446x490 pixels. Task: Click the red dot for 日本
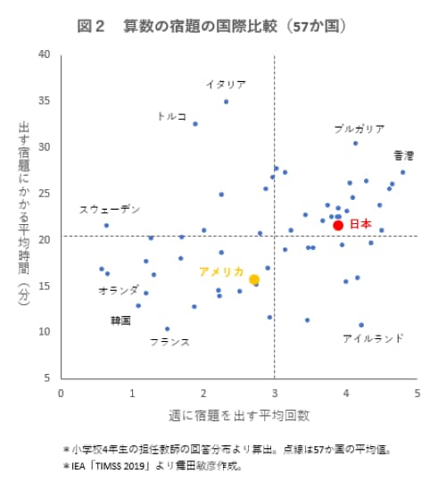(338, 225)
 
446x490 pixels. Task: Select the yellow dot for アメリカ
(254, 279)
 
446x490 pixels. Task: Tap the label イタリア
(225, 85)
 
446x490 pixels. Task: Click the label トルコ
(171, 116)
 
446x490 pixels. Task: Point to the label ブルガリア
(359, 129)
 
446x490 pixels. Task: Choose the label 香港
(404, 155)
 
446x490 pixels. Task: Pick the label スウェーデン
(110, 210)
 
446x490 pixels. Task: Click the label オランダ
(119, 291)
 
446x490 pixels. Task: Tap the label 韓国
(120, 320)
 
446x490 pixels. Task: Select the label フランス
(169, 342)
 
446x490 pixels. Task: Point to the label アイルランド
(373, 338)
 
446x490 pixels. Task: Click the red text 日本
(359, 224)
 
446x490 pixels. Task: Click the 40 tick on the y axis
(44, 54)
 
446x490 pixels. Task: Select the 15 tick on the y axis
(44, 286)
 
